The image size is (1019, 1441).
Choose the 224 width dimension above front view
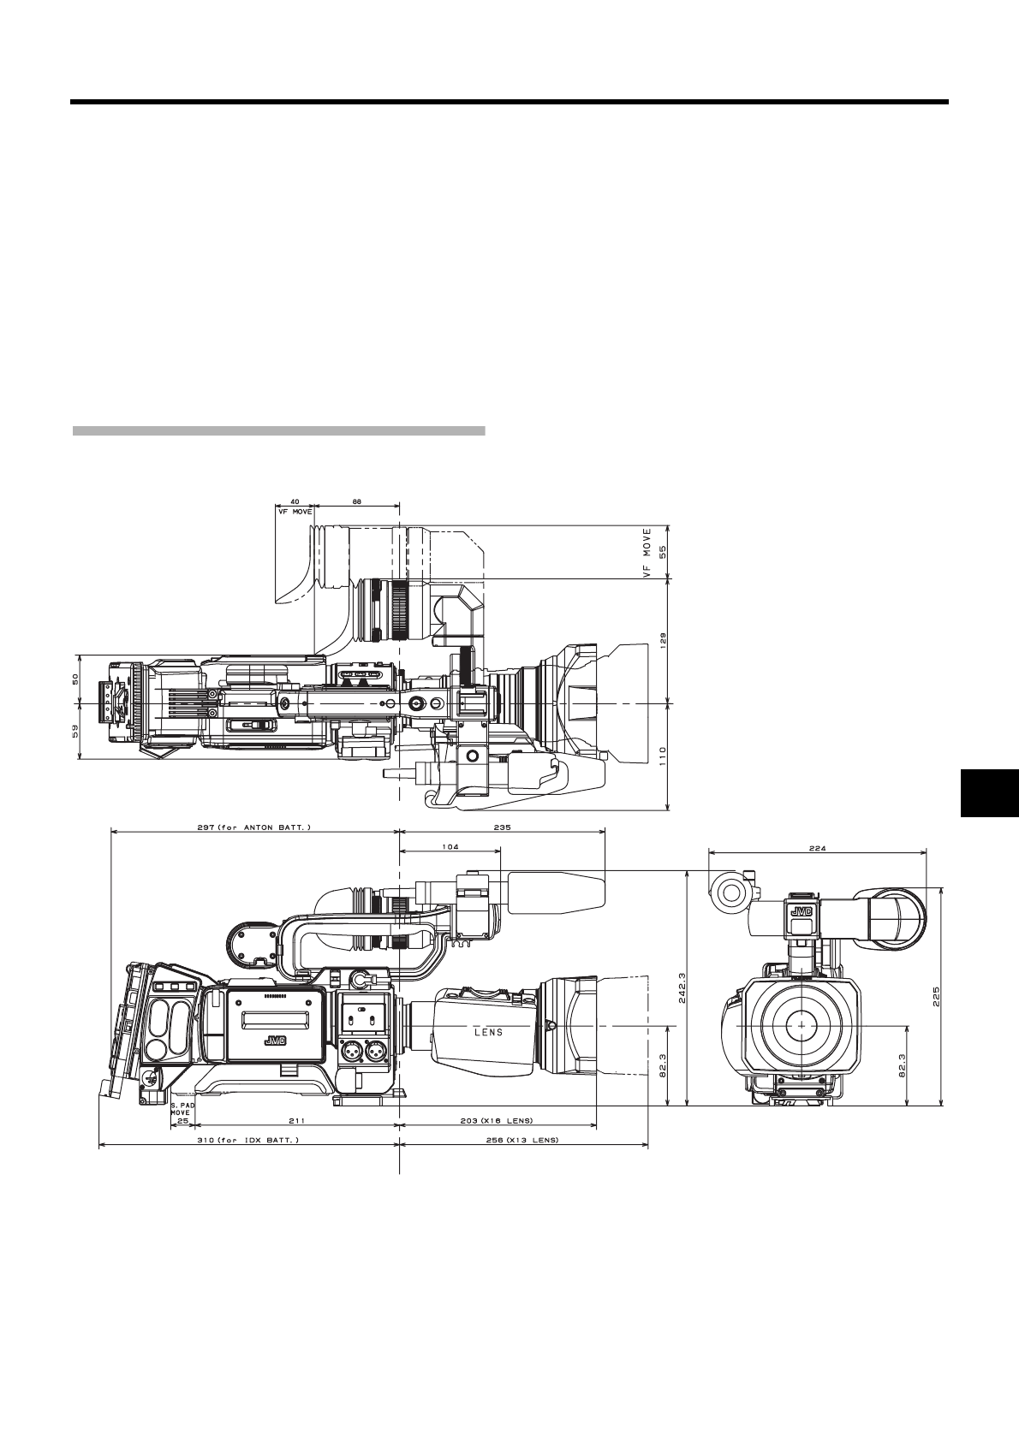click(x=817, y=849)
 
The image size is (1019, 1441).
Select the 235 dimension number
click(x=502, y=827)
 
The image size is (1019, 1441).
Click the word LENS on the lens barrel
click(x=489, y=1032)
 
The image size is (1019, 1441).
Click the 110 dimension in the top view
click(x=662, y=756)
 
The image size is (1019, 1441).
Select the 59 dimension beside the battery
click(x=75, y=731)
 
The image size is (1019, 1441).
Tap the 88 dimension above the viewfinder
click(x=355, y=503)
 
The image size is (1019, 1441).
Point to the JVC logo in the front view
click(x=801, y=911)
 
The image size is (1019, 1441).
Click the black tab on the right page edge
click(x=987, y=793)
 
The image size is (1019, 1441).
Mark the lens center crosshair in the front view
click(x=801, y=1023)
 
